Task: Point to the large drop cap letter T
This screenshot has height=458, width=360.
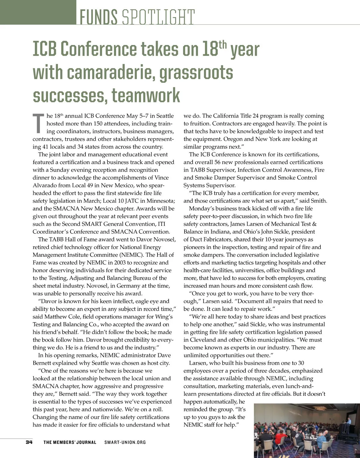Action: pos(38,123)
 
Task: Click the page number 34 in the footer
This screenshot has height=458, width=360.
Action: pos(29,442)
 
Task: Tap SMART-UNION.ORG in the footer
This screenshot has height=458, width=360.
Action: pos(125,442)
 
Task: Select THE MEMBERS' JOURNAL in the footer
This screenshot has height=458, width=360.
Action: pos(70,442)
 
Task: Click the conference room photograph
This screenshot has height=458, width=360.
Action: pos(307,430)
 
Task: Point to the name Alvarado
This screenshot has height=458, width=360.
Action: pos(44,185)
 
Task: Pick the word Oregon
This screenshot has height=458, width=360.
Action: pos(232,139)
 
